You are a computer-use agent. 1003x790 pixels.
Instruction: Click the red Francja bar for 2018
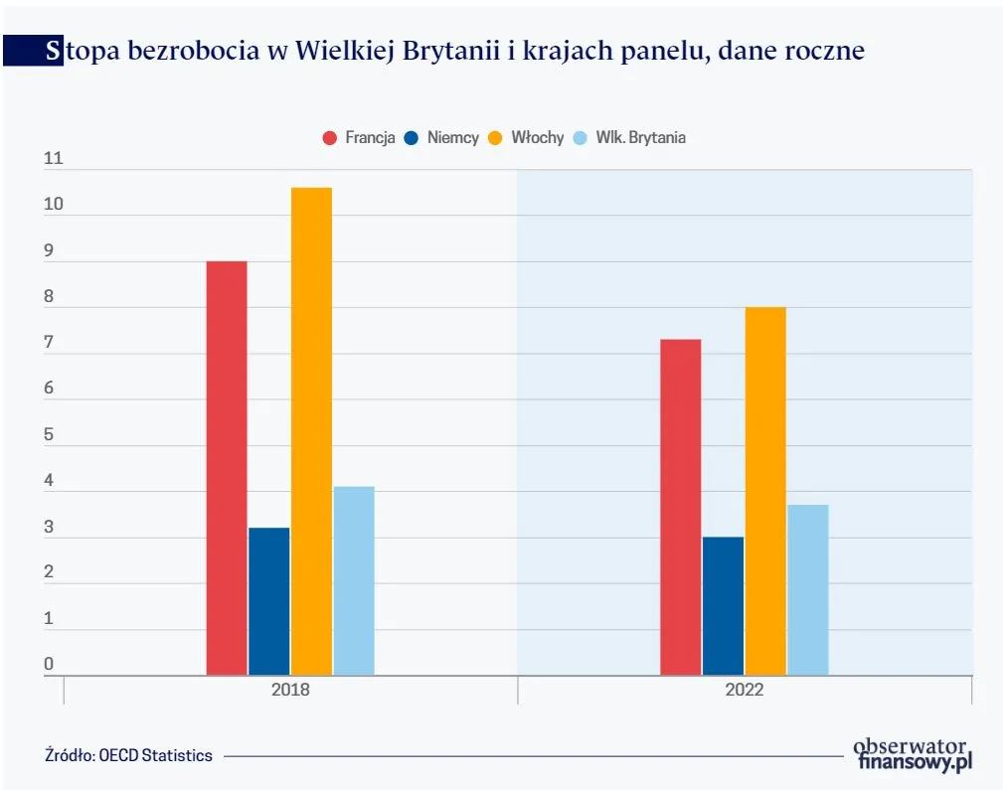pos(227,468)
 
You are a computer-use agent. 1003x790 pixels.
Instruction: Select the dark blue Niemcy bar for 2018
pos(268,601)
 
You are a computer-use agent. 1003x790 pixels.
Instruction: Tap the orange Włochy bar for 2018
pos(311,431)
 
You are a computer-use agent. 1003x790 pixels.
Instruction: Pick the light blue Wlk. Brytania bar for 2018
pos(354,580)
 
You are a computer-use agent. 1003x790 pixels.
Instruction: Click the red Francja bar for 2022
pos(680,507)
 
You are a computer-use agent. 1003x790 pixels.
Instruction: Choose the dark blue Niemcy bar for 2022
pos(723,605)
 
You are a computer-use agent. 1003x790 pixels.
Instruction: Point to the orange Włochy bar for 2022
pos(765,491)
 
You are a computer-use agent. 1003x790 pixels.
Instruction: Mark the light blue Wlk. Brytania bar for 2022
pos(808,589)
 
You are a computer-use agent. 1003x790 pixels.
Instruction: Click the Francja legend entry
pos(360,138)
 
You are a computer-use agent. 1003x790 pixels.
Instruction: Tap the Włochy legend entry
pos(527,138)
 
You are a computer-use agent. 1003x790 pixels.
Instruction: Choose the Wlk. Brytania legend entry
pos(630,138)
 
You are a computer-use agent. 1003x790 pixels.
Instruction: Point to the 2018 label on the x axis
pos(290,690)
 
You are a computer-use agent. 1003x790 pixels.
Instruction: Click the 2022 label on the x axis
pos(745,690)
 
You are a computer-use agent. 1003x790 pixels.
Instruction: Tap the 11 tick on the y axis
pos(53,159)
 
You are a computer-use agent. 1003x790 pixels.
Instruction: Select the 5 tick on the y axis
pos(49,434)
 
